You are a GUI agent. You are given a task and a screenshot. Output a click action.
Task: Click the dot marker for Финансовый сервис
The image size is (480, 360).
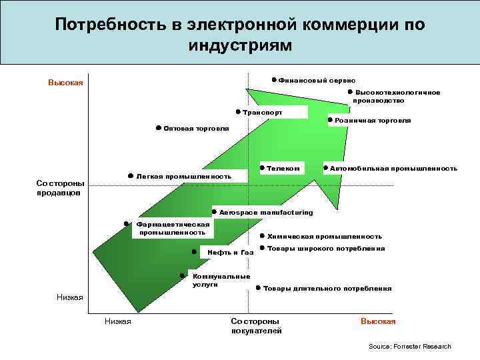pos(274,79)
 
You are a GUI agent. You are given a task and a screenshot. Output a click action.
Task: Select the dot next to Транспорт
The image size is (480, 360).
pos(238,111)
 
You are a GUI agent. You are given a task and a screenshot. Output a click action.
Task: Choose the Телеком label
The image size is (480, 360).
pos(283,169)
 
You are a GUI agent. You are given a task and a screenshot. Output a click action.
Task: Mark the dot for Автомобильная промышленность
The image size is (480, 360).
pos(325,167)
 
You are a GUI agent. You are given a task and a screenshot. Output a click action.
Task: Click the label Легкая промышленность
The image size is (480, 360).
pos(183,177)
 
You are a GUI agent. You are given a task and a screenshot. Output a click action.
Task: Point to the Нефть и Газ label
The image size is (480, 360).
pos(226,253)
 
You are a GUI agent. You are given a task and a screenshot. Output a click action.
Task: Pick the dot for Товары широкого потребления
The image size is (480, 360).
pos(262,247)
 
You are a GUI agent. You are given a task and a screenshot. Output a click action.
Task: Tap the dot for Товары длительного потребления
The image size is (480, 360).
pos(257,288)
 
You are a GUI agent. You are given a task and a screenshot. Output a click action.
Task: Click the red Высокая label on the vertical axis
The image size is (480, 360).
pos(65,83)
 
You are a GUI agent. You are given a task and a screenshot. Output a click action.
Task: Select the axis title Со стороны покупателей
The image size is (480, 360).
pos(257,326)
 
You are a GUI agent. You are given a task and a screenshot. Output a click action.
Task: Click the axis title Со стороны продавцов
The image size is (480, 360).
pos(60,188)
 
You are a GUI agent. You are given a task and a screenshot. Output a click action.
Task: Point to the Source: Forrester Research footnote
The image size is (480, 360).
pos(409,347)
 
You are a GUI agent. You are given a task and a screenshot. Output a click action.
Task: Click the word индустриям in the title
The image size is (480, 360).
pos(240,46)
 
